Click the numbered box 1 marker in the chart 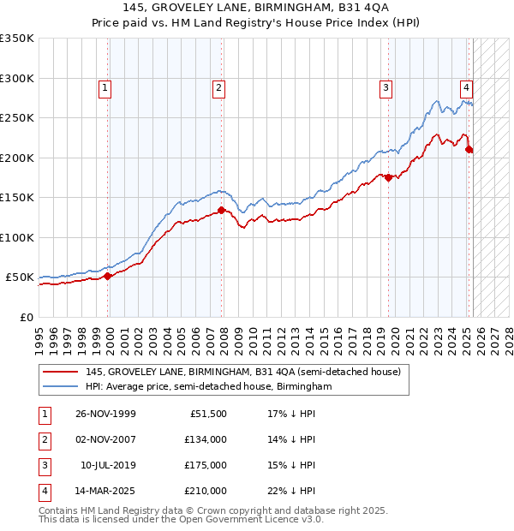tap(104, 87)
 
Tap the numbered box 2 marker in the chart tap(218, 87)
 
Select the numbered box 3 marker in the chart tap(385, 87)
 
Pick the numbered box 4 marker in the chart tap(466, 87)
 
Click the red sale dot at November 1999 tap(108, 276)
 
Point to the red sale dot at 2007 tap(221, 210)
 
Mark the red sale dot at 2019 tap(388, 177)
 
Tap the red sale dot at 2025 tap(469, 150)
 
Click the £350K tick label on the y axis tap(17, 39)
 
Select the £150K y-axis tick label tap(17, 198)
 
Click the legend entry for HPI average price tap(208, 387)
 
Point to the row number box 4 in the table tap(43, 491)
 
